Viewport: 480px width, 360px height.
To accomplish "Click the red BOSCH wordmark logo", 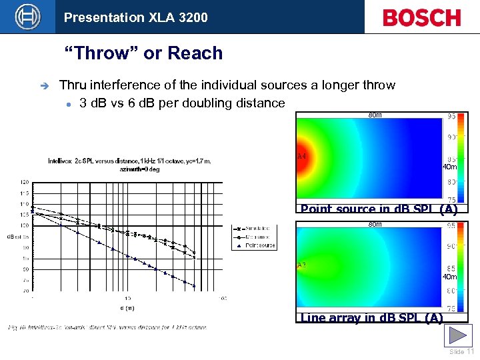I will click(421, 17).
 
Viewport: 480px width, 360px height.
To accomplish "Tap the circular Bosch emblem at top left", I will click(27, 17).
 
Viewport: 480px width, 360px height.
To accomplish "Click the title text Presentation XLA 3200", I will click(136, 17).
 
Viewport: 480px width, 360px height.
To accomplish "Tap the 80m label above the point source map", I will click(375, 115).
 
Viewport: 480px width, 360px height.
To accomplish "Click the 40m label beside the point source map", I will click(449, 167).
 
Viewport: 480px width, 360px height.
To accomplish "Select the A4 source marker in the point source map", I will click(301, 156).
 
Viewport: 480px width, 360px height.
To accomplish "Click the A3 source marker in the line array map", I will click(301, 265).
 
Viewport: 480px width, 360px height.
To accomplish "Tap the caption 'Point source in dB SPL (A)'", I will click(379, 209).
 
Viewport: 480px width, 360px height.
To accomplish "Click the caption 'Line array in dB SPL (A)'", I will click(372, 318).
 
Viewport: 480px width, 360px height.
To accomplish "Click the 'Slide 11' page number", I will click(461, 352).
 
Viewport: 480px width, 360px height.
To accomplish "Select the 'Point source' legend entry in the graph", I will click(260, 245).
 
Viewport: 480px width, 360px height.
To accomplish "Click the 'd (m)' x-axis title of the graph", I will click(127, 307).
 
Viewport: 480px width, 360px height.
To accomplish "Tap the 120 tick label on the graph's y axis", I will click(24, 181).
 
